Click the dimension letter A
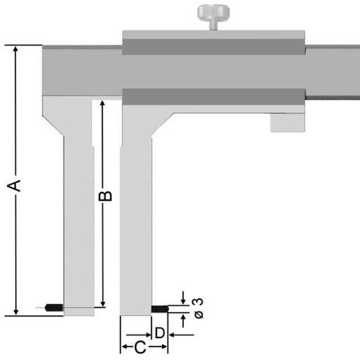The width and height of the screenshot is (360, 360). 14,186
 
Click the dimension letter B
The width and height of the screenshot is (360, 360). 105,196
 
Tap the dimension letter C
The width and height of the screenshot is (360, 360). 140,347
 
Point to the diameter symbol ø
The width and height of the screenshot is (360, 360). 199,315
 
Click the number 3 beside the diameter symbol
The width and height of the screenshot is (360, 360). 199,301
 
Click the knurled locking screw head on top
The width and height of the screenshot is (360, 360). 214,13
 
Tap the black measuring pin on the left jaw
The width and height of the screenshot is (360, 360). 54,308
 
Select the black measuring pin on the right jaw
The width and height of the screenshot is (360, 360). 160,309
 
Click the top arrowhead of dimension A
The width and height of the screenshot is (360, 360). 16,49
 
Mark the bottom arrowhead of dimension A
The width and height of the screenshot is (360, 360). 16,312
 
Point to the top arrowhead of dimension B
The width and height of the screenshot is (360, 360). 102,103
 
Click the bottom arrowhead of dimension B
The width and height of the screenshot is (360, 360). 103,304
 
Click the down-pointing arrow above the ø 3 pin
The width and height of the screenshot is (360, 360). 183,298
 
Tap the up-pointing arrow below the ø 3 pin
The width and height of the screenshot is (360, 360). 183,321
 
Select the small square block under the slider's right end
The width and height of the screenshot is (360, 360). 287,123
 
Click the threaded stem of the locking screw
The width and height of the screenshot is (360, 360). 214,25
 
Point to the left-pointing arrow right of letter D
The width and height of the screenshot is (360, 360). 181,335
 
